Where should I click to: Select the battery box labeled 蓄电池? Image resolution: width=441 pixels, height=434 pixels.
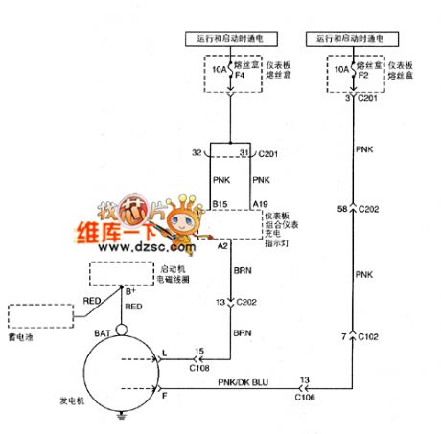pos(39,316)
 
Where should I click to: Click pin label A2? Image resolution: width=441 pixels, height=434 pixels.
pos(220,246)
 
